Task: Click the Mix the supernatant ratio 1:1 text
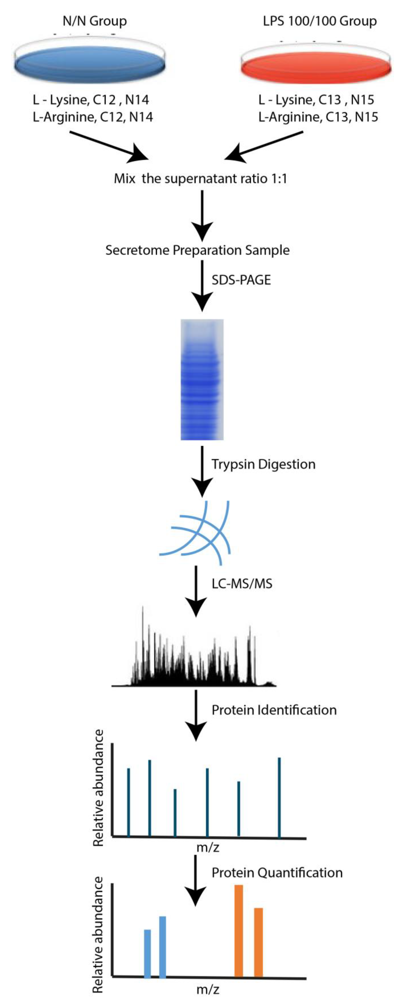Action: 200,179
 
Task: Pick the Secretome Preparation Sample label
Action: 197,250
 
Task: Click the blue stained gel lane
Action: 202,379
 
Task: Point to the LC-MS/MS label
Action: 242,584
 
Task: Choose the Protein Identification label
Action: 274,710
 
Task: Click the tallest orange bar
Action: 239,930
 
